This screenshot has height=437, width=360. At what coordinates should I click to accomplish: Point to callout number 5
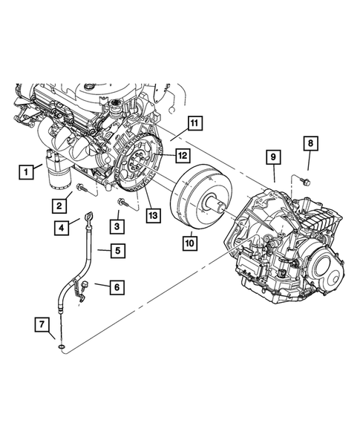pos(117,251)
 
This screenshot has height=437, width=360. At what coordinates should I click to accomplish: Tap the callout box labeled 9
pos(273,157)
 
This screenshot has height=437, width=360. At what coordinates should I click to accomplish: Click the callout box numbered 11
pos(194,123)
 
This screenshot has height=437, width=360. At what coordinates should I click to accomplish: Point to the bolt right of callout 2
pos(81,191)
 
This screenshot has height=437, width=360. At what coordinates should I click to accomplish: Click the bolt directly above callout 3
pos(121,201)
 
